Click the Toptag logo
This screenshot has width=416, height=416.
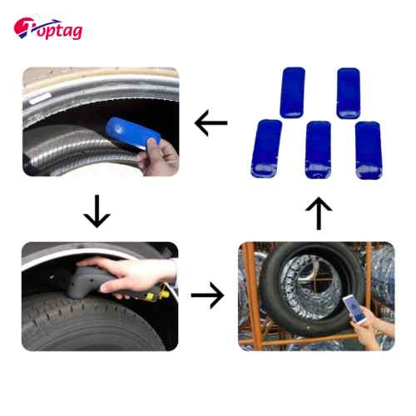click(x=48, y=28)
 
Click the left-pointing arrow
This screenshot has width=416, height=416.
click(x=211, y=123)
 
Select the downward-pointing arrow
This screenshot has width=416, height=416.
click(x=97, y=211)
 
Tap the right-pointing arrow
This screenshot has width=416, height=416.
click(x=208, y=295)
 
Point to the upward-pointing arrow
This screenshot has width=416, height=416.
click(x=319, y=213)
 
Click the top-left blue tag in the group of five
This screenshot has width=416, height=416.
click(x=292, y=92)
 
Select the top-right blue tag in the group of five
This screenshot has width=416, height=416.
click(x=349, y=93)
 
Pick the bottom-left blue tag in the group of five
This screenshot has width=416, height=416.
click(x=266, y=149)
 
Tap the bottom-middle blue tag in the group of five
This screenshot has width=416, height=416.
click(x=318, y=150)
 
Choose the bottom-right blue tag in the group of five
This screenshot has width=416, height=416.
click(x=369, y=151)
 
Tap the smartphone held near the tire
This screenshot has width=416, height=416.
click(x=354, y=310)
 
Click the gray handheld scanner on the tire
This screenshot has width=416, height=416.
click(x=92, y=282)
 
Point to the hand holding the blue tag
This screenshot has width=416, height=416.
click(x=158, y=157)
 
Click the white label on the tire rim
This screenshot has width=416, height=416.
click(x=40, y=98)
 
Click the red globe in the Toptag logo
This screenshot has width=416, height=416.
click(x=22, y=27)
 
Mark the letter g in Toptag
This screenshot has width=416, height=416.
click(x=77, y=32)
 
